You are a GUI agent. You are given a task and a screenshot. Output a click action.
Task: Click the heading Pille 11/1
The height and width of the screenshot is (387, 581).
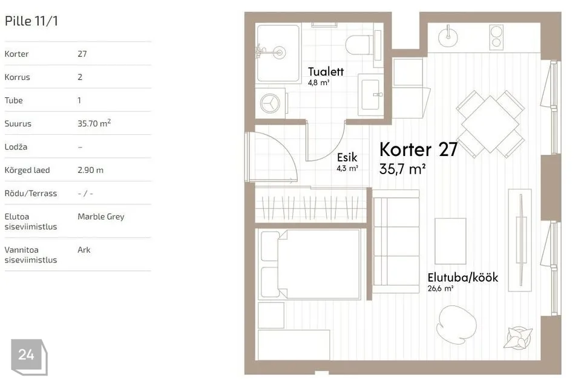[x=31, y=21]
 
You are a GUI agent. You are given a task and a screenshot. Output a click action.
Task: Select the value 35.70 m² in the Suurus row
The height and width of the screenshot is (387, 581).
[x=94, y=123]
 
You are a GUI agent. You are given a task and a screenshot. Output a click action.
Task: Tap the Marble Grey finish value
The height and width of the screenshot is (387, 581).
[x=101, y=216]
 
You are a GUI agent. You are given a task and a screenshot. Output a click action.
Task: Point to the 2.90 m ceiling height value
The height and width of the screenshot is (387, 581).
[x=90, y=170]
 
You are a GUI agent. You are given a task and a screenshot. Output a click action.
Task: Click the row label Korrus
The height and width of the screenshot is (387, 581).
[x=17, y=77]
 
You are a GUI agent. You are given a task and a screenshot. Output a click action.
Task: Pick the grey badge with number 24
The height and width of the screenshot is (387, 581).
[x=29, y=357]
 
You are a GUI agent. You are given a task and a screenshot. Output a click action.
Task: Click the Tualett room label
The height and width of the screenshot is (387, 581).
[x=326, y=71]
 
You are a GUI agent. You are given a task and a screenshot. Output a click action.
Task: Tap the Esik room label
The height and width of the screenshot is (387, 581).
[x=347, y=157]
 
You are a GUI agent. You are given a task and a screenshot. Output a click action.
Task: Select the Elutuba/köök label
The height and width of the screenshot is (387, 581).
[x=463, y=278]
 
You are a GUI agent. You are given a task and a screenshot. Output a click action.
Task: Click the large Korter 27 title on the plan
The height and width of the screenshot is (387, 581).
[x=418, y=149]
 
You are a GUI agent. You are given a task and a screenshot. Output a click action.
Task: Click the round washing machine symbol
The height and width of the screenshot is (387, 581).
[x=270, y=103]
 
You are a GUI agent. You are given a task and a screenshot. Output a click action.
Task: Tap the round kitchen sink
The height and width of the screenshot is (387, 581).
[x=448, y=37]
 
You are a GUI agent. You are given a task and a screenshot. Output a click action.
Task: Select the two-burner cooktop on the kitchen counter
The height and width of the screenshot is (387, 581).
[x=496, y=37]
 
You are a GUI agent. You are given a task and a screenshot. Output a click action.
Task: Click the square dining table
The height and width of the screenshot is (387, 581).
[x=490, y=124]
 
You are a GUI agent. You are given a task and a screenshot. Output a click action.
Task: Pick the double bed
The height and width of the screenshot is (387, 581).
[x=310, y=264]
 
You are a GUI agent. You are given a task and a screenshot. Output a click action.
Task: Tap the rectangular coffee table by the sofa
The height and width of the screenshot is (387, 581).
[x=450, y=241]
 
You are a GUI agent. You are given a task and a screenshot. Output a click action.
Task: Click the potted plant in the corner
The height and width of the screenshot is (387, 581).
[x=518, y=337]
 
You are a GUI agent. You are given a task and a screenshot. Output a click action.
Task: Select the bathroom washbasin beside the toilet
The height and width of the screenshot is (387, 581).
[x=370, y=94]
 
